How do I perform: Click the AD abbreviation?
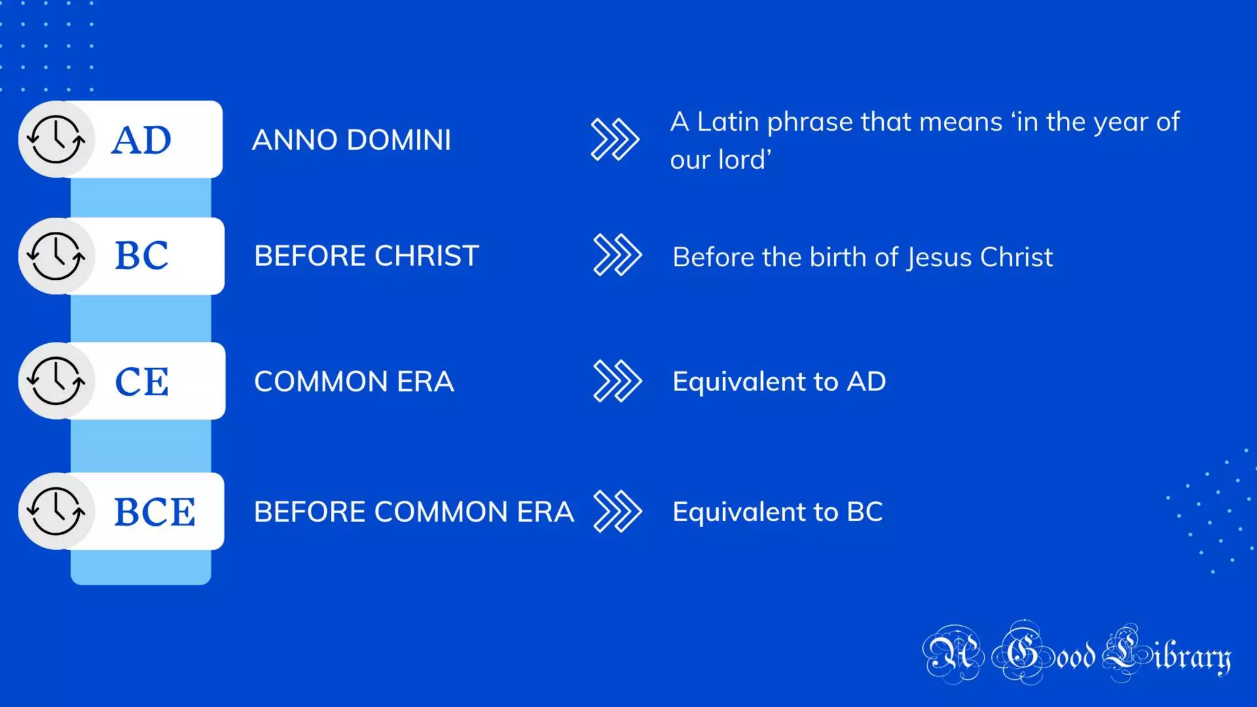pos(141,140)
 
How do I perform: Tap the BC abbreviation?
pos(141,255)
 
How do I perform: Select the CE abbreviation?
pos(142,381)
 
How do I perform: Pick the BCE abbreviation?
pos(155,512)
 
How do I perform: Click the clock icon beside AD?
pos(56,139)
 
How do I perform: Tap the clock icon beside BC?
pos(56,256)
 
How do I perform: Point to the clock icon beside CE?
pos(56,381)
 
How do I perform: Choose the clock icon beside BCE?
pos(56,511)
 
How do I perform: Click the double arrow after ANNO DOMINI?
pos(614,139)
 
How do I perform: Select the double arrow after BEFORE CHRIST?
pos(617,255)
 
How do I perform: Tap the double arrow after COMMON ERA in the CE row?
pos(617,381)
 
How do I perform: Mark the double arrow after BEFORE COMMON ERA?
pos(617,511)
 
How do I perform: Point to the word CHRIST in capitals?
pos(427,256)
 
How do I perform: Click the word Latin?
pos(728,122)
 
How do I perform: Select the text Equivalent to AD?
pos(779,382)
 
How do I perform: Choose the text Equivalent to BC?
pos(778,512)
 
